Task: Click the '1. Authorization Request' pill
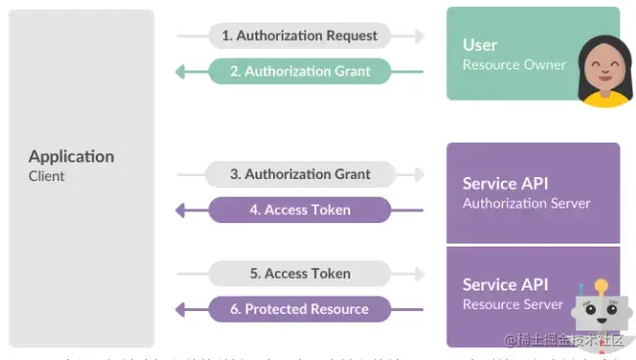point(299,36)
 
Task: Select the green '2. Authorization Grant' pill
point(299,71)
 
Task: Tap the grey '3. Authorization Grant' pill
point(299,175)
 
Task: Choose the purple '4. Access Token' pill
point(299,210)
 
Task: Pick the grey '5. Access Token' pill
point(299,274)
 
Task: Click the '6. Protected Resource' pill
point(299,309)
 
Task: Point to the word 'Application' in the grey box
point(71,157)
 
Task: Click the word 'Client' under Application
point(47,176)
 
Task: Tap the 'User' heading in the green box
point(480,45)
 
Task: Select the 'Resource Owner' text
point(515,65)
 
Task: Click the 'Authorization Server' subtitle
point(526,203)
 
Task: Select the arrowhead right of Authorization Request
point(419,36)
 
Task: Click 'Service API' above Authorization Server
point(505,184)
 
